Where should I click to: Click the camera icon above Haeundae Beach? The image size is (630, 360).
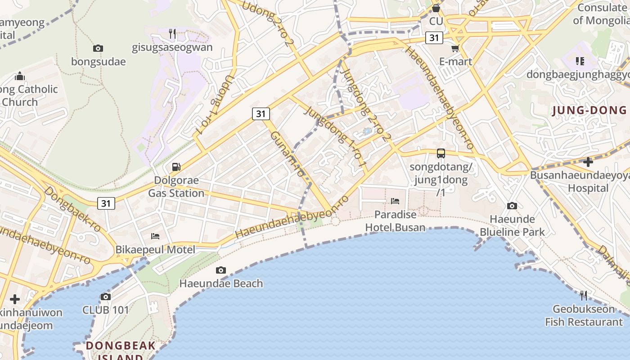click(x=220, y=270)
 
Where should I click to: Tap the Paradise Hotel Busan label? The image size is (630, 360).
click(x=395, y=221)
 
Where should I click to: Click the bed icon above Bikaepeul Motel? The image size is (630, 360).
click(x=155, y=236)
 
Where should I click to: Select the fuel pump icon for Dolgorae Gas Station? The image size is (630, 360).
click(x=176, y=167)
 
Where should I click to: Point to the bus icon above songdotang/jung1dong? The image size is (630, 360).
click(x=441, y=153)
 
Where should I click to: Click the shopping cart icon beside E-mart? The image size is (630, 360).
click(x=455, y=48)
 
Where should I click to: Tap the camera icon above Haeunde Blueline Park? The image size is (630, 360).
click(x=512, y=206)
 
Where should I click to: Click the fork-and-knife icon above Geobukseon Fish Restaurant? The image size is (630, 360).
click(x=584, y=295)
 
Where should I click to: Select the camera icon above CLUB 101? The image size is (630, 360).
click(x=106, y=297)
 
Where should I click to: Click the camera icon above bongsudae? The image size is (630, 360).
click(x=98, y=48)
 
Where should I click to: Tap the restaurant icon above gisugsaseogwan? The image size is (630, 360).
click(x=172, y=33)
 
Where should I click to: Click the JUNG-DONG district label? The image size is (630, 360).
click(x=589, y=110)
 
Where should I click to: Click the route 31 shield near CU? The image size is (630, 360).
click(x=434, y=38)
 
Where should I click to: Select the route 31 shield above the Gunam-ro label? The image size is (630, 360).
click(x=261, y=114)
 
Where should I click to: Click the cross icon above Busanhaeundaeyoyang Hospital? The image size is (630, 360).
click(x=588, y=162)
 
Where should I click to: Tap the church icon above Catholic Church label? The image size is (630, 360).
click(x=20, y=76)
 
